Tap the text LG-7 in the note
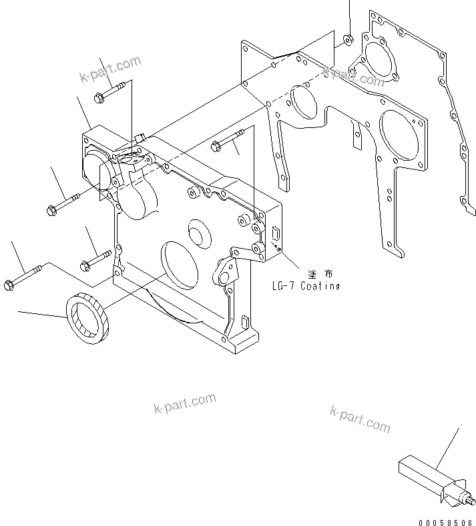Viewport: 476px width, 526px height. [x=284, y=286]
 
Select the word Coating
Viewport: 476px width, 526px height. [x=320, y=286]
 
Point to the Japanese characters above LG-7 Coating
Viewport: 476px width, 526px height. [x=318, y=273]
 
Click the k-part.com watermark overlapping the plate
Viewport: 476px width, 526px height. [x=354, y=75]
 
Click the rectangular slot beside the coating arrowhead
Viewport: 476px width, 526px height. [x=275, y=235]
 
